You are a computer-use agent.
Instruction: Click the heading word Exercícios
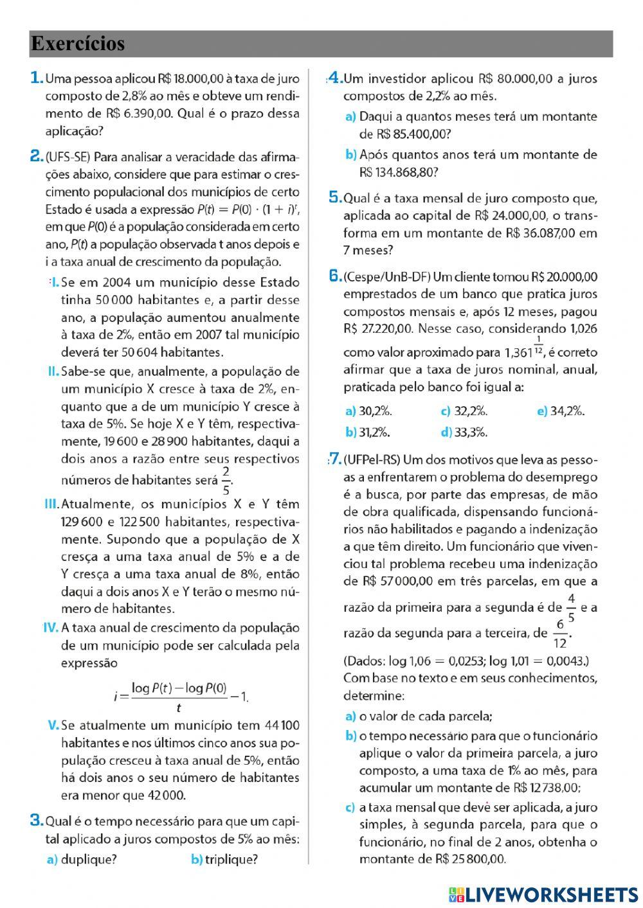coord(77,44)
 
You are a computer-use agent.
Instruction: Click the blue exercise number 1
coord(37,78)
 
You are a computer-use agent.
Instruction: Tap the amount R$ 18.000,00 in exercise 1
coord(190,79)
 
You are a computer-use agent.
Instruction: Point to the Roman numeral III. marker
coord(51,504)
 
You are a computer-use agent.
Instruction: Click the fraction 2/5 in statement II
coord(226,480)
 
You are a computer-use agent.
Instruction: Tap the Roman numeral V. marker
coord(53,726)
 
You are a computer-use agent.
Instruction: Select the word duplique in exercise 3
coord(88,859)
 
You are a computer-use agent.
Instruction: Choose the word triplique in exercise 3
coord(231,859)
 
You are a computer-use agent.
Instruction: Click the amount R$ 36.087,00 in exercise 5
coord(523,233)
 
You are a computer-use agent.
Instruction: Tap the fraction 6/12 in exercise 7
coord(561,633)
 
